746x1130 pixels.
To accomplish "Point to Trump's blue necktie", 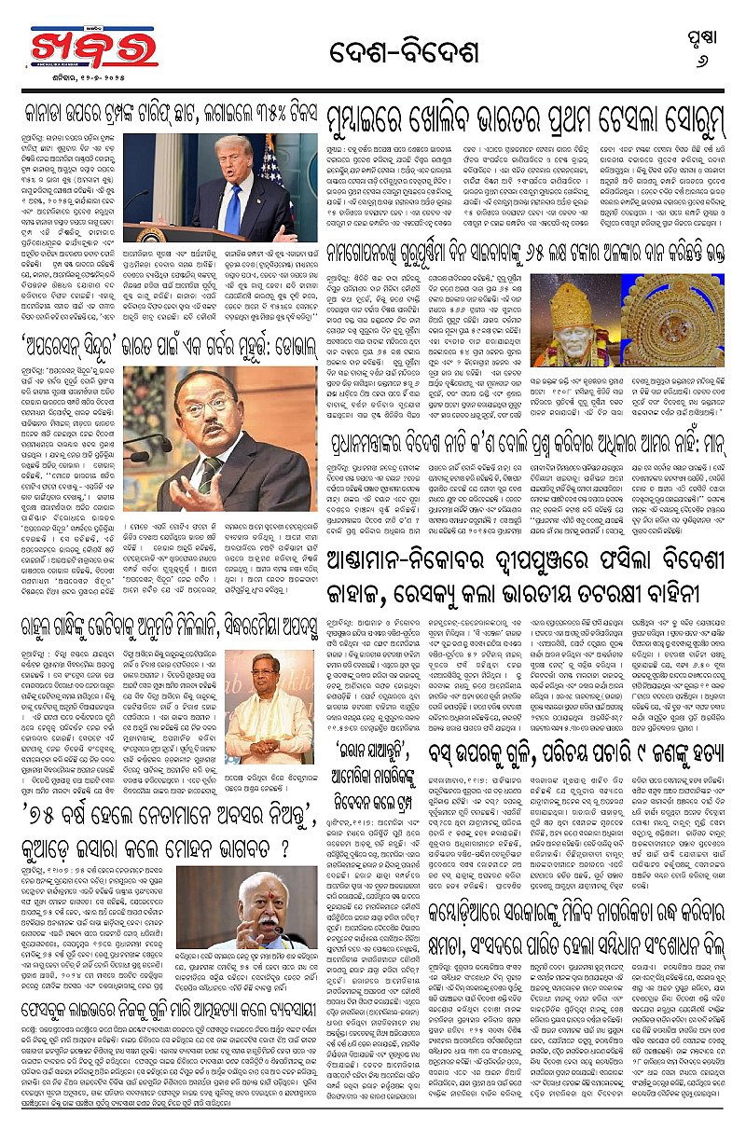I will tap(232, 209).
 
